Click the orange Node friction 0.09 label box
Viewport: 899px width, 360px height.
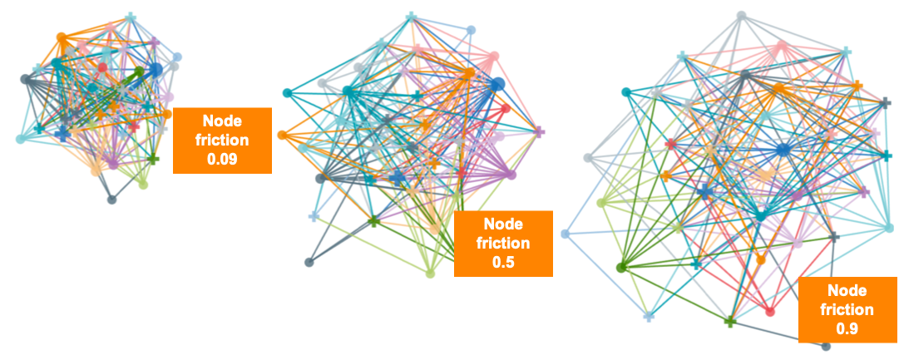click(222, 141)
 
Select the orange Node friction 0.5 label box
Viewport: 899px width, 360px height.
click(502, 243)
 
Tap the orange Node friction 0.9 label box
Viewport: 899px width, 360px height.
click(847, 309)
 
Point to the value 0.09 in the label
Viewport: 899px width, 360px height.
click(222, 159)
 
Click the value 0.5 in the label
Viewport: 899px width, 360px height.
click(502, 262)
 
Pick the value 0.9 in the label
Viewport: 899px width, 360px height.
click(847, 328)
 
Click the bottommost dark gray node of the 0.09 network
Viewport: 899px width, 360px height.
click(111, 199)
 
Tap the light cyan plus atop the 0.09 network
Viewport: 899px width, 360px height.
click(131, 17)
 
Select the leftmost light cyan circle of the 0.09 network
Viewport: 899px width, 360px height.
click(21, 139)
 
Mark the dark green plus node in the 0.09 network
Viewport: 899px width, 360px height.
click(153, 158)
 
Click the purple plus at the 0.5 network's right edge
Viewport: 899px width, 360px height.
click(539, 131)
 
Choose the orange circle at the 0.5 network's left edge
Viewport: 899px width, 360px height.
click(283, 134)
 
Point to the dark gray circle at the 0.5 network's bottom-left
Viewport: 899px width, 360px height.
click(309, 262)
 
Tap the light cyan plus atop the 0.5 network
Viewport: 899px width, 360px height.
click(411, 17)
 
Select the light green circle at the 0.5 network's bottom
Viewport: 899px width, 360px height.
click(430, 274)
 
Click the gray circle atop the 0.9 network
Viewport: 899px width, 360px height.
click(741, 15)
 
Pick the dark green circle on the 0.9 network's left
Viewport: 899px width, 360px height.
click(620, 267)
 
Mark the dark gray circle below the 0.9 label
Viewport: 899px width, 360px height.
click(825, 346)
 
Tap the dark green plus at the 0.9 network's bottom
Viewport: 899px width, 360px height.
click(729, 321)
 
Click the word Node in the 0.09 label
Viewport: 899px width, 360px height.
click(222, 122)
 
